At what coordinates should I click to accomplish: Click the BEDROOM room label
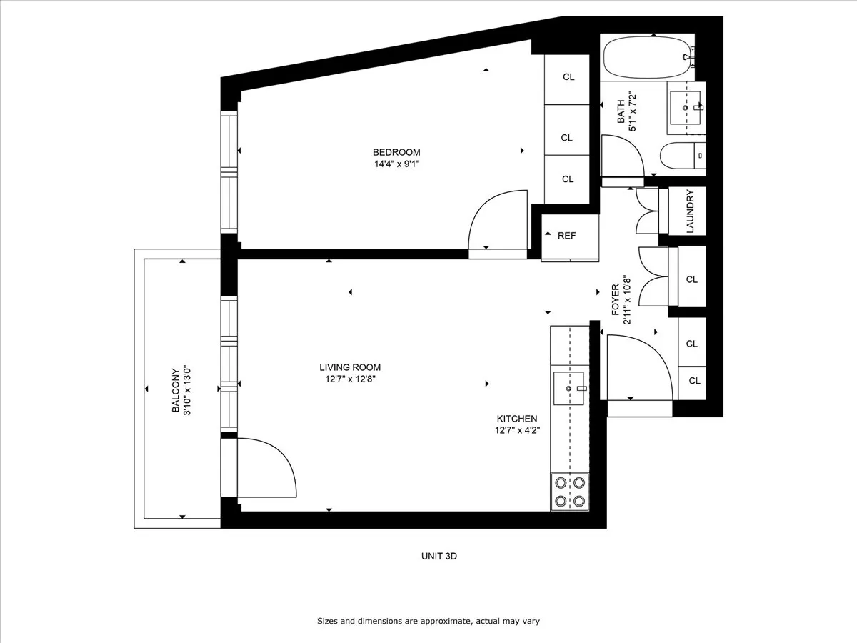point(396,152)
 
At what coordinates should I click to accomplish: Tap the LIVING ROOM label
point(350,367)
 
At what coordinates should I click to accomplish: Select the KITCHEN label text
point(517,419)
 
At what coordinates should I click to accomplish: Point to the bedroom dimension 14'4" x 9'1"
point(396,164)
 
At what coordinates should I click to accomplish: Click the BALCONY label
point(175,390)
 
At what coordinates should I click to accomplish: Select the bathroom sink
point(686,108)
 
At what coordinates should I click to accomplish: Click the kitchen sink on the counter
point(569,388)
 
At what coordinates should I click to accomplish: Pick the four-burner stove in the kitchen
point(569,492)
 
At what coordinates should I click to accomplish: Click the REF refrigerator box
point(567,236)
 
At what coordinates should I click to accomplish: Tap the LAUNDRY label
point(690,211)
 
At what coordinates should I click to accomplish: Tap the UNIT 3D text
point(438,556)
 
